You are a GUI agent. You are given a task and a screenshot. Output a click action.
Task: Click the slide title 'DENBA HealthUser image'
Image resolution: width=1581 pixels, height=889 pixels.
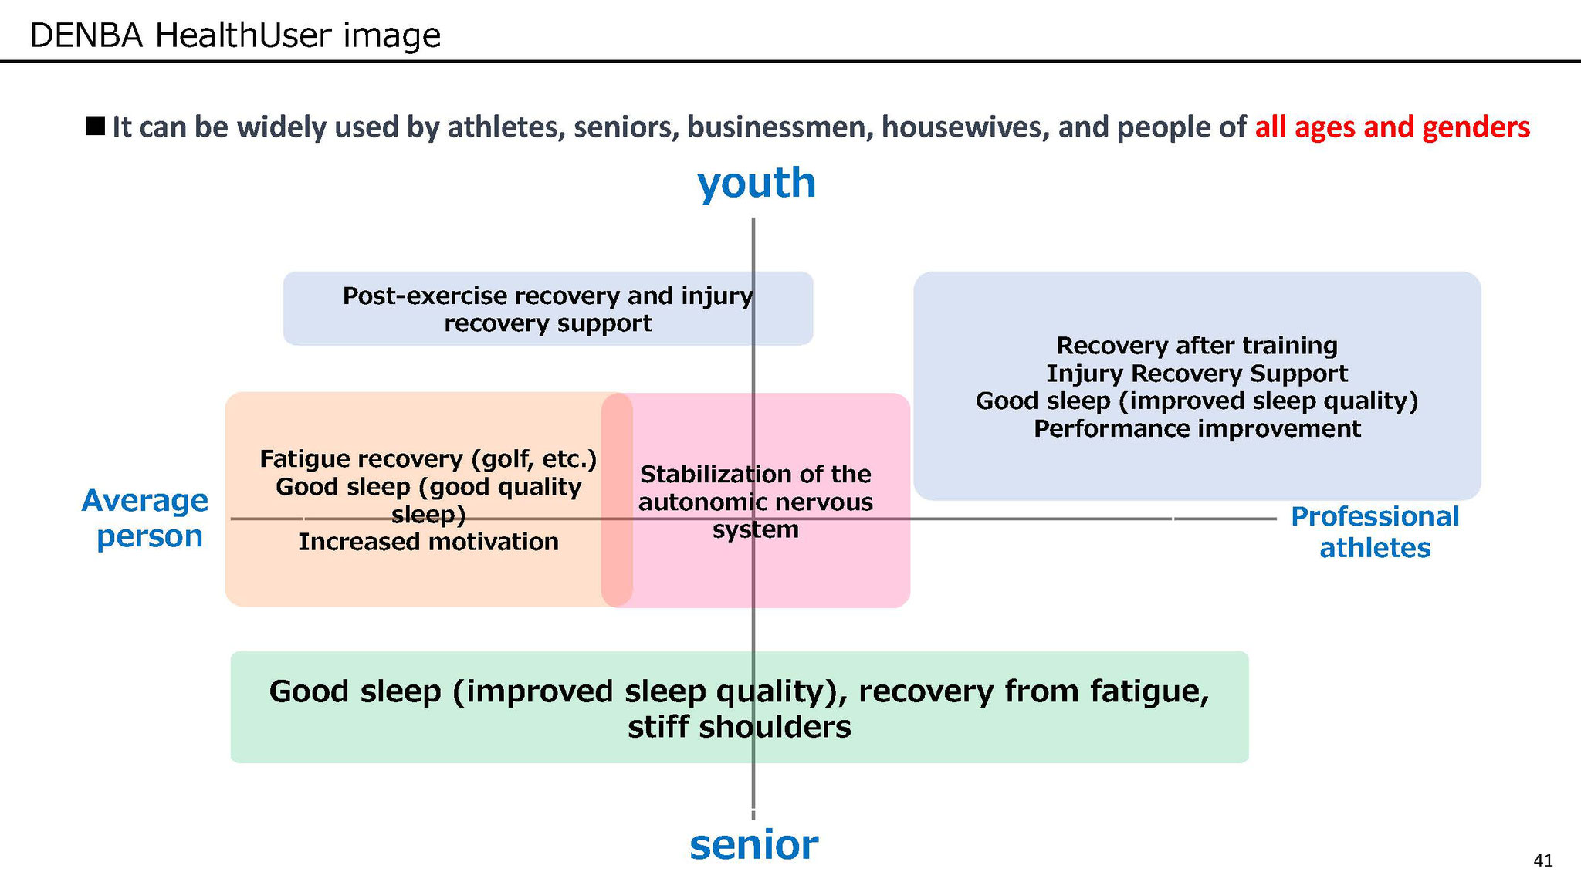pos(235,35)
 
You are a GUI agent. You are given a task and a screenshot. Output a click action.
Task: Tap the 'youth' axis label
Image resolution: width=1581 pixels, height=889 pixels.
pos(757,184)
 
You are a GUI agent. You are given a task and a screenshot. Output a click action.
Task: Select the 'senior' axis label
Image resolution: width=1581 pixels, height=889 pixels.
pos(753,844)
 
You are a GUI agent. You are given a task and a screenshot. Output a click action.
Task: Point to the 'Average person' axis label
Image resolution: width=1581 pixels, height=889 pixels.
pos(145,518)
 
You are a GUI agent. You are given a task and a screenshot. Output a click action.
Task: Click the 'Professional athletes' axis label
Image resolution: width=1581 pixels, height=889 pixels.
pos(1375,532)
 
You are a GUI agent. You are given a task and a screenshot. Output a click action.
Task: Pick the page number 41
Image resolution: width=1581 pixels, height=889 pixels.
pos(1543,860)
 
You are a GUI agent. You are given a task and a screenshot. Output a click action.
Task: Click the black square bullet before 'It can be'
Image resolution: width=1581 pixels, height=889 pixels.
pos(96,125)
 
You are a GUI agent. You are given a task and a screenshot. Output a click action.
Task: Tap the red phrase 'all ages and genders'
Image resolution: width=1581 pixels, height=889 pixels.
pos(1393,127)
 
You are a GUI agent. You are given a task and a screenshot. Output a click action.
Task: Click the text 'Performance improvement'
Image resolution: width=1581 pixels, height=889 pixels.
pos(1197,428)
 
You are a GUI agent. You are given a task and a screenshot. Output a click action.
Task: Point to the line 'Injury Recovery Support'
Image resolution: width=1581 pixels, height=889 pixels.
pos(1197,374)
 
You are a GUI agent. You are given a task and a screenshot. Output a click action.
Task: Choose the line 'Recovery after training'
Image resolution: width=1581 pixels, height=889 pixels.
pos(1197,346)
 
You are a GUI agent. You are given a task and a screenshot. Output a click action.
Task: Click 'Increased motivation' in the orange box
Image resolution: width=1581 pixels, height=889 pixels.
pos(428,542)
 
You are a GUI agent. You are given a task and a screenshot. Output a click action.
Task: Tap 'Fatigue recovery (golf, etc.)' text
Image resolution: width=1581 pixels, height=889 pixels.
pos(428,459)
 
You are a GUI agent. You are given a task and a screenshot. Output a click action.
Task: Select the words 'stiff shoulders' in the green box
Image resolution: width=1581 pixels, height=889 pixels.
pos(740,727)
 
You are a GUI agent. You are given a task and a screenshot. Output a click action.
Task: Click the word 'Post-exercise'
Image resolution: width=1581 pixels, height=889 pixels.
pos(425,296)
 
